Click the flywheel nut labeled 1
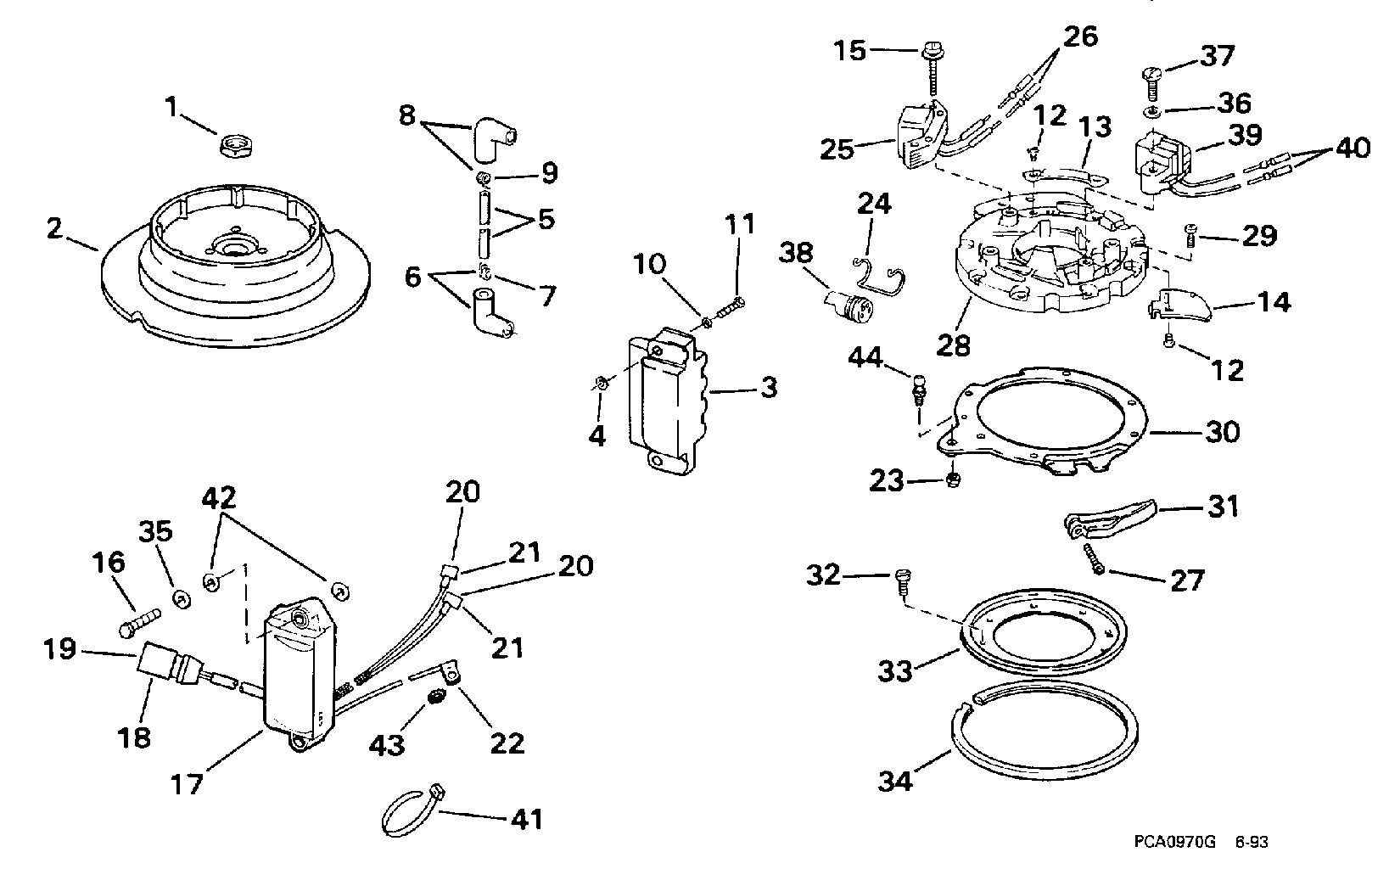[234, 146]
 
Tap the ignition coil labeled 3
[667, 401]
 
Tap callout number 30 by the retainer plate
[1222, 432]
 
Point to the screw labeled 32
[902, 582]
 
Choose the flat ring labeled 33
[1043, 633]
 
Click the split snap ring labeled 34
[1045, 732]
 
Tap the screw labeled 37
[1151, 84]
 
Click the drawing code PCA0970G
[1174, 843]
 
